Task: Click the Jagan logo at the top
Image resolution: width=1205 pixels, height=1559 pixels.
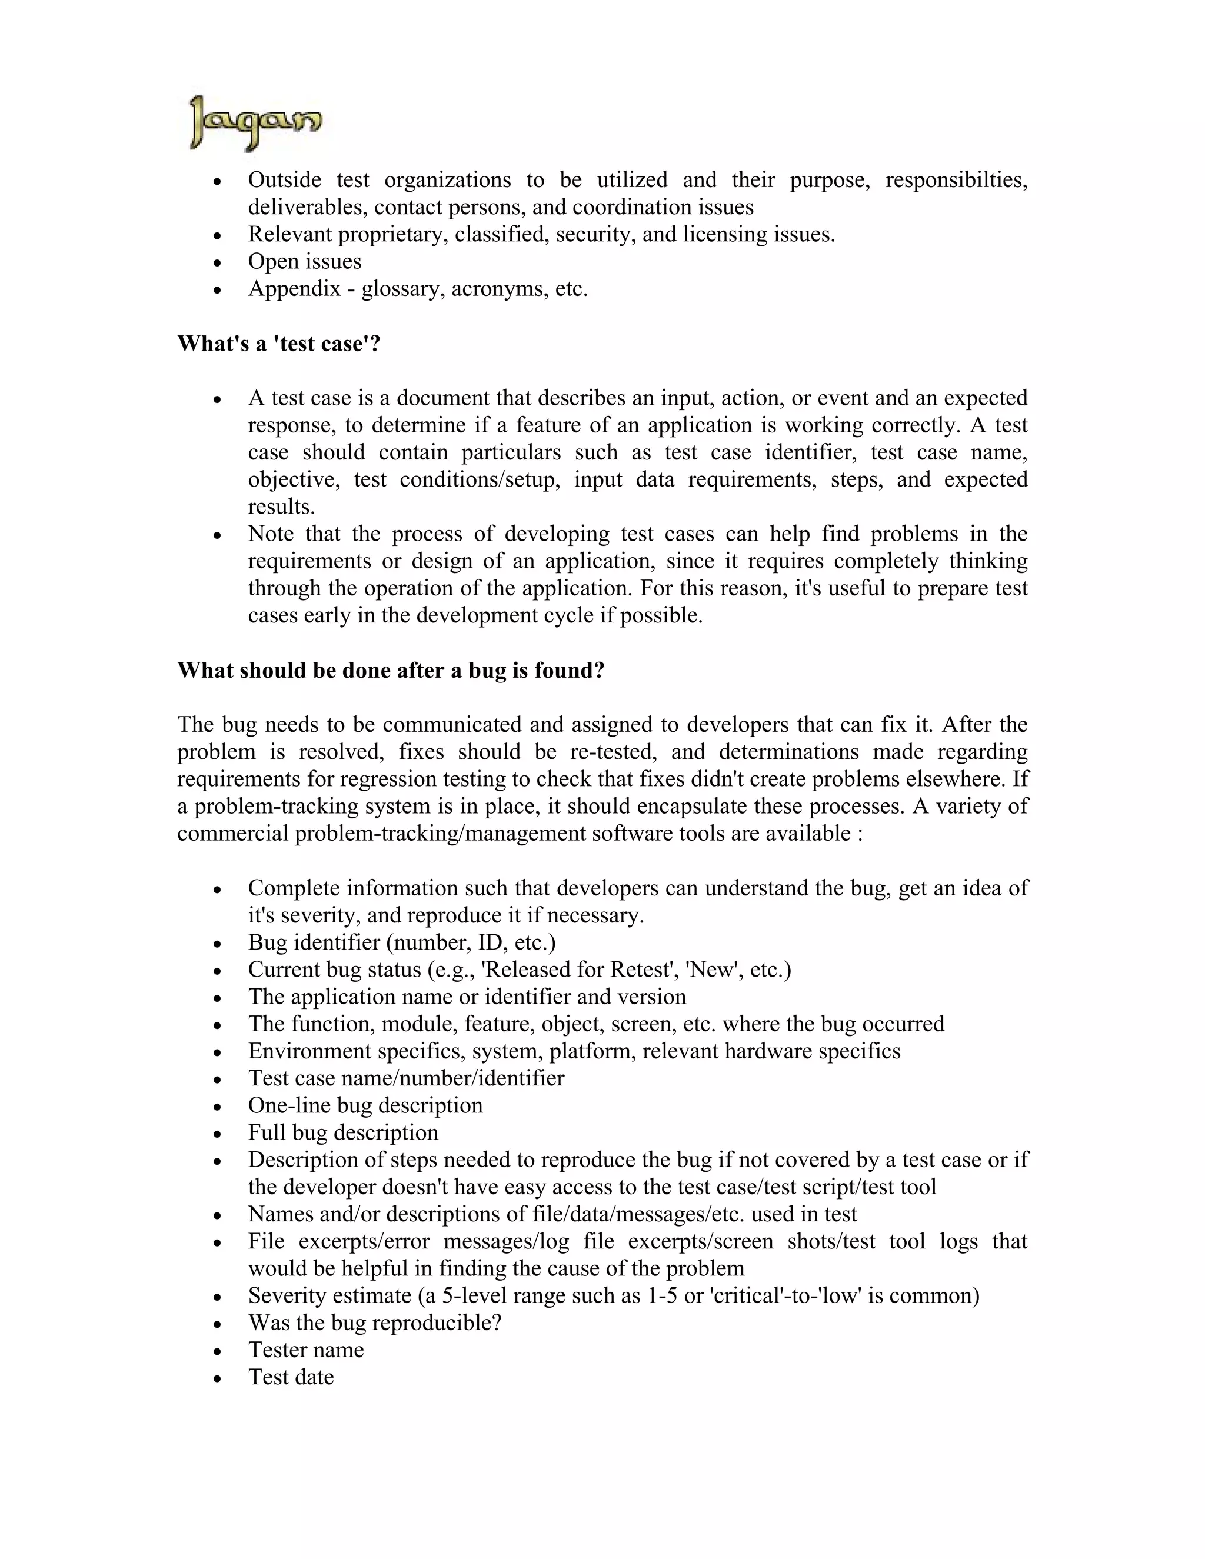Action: [255, 123]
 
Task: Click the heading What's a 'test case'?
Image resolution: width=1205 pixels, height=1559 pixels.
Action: [278, 344]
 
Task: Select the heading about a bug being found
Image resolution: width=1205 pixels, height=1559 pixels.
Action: [391, 670]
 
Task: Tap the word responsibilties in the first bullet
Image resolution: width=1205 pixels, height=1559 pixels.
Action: [956, 180]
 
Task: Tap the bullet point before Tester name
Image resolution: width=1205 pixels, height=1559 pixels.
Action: [218, 1351]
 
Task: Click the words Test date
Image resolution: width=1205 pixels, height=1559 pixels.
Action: [291, 1377]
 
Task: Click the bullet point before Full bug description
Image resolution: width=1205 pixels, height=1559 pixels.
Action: [218, 1134]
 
